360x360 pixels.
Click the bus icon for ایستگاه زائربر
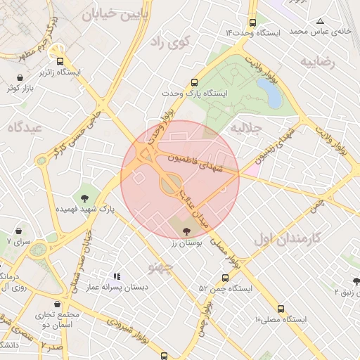(60, 61)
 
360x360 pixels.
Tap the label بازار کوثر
(21, 89)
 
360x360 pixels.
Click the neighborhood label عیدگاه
(24, 127)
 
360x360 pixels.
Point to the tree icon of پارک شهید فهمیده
(85, 199)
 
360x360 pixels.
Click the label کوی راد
(171, 42)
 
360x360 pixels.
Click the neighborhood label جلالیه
(246, 129)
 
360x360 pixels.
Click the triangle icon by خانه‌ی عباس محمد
(321, 21)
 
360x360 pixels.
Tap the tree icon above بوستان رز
(186, 231)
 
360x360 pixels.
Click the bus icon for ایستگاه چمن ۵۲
(224, 278)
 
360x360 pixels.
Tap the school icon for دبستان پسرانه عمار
(117, 276)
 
